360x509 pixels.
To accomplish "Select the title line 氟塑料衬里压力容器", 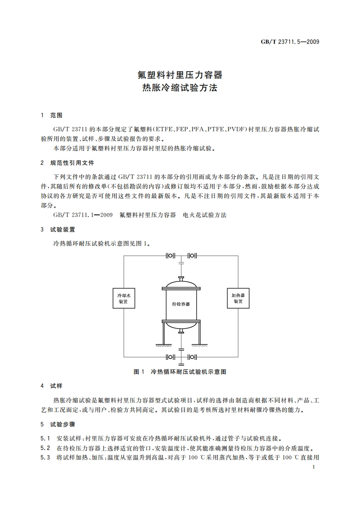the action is [180, 75].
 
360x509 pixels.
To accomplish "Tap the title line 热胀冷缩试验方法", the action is [180, 87].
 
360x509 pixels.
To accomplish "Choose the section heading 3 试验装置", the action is [58, 229].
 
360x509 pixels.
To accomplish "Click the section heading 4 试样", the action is [52, 386].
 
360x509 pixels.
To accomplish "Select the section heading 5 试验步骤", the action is [58, 425].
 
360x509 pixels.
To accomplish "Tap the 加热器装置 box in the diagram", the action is [238, 298].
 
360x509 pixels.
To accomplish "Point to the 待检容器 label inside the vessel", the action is [181, 304].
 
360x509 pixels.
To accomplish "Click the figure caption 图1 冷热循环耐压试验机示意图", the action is [180, 372].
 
